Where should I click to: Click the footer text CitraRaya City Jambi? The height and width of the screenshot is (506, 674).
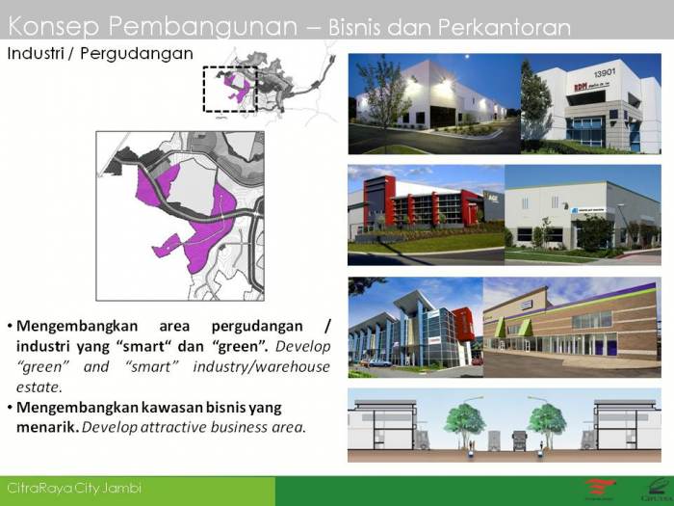[74, 489]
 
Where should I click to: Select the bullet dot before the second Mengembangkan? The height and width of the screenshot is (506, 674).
[10, 407]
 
